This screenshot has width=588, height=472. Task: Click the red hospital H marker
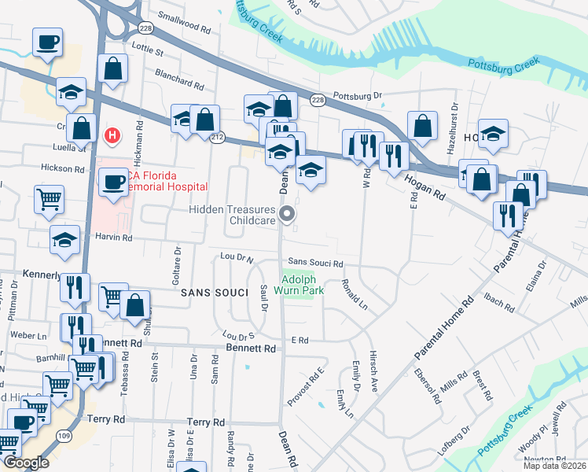click(x=112, y=135)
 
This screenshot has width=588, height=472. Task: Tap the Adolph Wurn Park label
click(x=303, y=284)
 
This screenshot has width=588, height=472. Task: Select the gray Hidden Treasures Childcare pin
click(x=288, y=213)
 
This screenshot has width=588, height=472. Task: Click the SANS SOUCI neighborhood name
click(x=208, y=292)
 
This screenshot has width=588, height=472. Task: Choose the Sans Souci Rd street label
click(x=315, y=263)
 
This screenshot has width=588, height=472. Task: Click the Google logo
click(x=27, y=463)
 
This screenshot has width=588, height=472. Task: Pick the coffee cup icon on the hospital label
click(x=112, y=183)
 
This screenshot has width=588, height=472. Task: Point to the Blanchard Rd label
click(x=180, y=81)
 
